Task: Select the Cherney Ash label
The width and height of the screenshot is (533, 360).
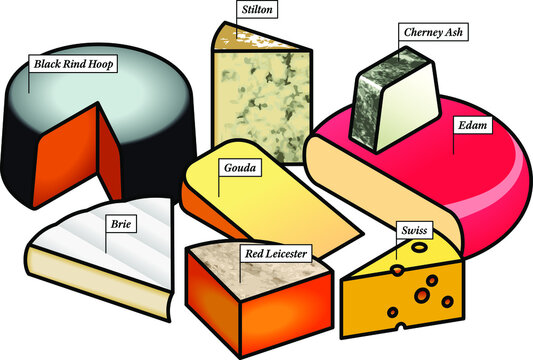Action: [432, 31]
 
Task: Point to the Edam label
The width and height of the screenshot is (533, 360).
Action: [473, 126]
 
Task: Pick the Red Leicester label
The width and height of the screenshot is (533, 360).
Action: [275, 254]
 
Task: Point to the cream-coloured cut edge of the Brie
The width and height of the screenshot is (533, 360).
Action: [90, 275]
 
